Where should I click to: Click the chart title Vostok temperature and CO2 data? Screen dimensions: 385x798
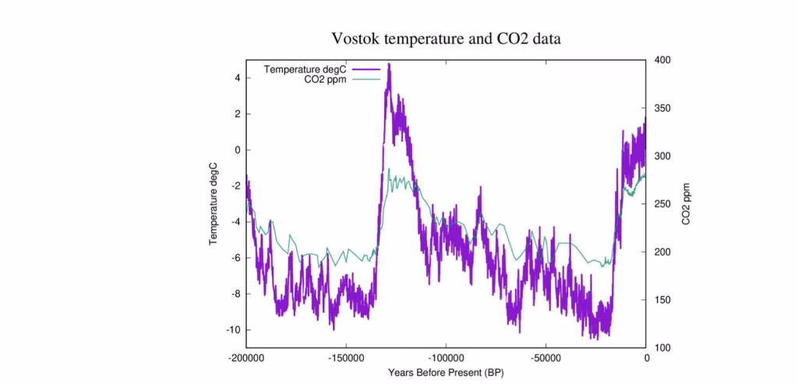click(446, 38)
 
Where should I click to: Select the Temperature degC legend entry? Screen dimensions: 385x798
click(304, 69)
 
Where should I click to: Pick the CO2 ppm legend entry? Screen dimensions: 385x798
click(325, 79)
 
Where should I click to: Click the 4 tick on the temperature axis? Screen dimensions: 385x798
click(237, 78)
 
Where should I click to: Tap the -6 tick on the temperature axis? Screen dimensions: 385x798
click(235, 258)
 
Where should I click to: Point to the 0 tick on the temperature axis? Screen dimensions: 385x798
click(237, 150)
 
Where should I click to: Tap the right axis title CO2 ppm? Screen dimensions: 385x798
click(687, 203)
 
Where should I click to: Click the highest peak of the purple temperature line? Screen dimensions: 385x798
click(389, 65)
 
